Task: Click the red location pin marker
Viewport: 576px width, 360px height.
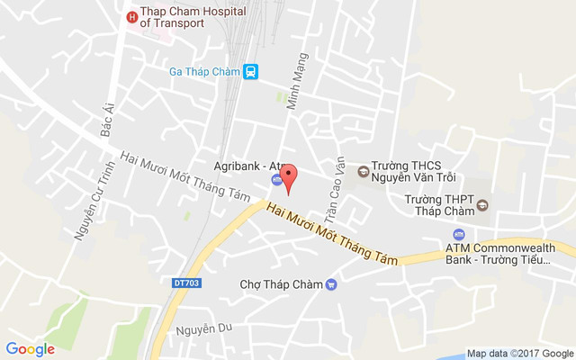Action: coord(287,178)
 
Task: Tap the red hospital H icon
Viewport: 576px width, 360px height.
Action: coord(132,16)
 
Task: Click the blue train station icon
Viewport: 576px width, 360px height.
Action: coord(251,72)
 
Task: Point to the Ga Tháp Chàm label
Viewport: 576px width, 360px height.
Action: coord(205,72)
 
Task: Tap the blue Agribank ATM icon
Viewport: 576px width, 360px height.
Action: coord(275,179)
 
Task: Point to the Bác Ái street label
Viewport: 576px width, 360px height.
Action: coord(109,119)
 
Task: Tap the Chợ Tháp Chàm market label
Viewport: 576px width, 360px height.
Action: coord(281,284)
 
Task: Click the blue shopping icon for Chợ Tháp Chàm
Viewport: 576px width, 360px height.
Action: coord(331,284)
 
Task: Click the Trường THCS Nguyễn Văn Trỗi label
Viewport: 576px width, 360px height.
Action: coord(415,171)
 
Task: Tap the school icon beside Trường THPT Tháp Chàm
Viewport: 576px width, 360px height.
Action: coord(481,204)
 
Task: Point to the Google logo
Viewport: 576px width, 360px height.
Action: coord(31,349)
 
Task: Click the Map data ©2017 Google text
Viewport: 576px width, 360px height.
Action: coord(519,353)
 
